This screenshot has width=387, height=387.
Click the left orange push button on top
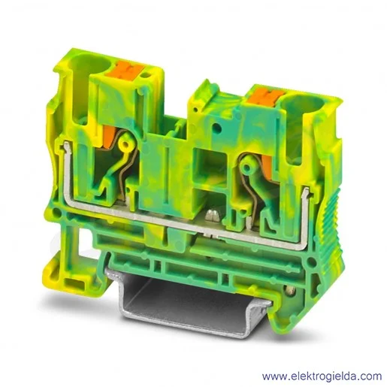click(x=123, y=68)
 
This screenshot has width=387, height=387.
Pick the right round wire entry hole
click(x=301, y=104)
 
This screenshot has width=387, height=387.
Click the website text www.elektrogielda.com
click(x=322, y=376)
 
